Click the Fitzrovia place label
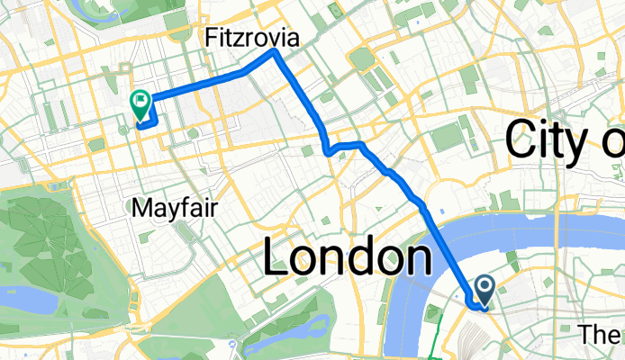point(252,37)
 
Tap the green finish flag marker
point(140,103)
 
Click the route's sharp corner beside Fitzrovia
point(275,52)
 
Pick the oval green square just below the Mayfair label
point(185,231)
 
